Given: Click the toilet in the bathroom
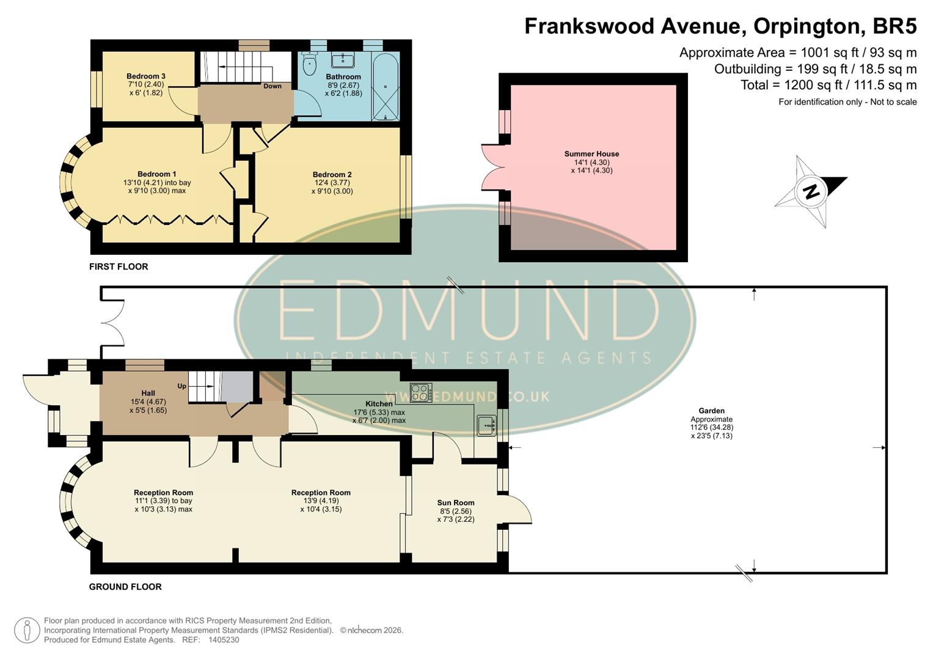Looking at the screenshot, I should coord(310,63).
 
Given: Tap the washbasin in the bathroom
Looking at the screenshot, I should coord(343,61).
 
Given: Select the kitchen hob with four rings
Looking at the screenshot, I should coord(421,392).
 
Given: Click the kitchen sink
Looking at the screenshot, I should coord(486,425).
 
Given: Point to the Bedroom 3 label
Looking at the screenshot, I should coord(146,76).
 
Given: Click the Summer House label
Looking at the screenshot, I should coord(591,154).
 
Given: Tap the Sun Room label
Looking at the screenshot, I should coord(456,503).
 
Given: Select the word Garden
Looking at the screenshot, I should coord(712,411).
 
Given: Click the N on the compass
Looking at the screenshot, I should coord(811,191).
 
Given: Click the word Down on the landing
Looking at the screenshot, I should coord(273,86).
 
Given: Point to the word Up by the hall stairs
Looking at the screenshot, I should coord(181,386).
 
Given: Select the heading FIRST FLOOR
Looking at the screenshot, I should coord(119,266).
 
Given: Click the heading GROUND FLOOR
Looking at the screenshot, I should coord(125,587).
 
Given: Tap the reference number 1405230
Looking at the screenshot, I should coord(224,640).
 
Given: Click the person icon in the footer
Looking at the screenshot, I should coord(27,630).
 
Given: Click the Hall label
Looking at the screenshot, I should coord(148,394).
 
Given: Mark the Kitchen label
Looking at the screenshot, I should coord(379,404).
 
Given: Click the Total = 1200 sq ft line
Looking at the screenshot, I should coord(829,85).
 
